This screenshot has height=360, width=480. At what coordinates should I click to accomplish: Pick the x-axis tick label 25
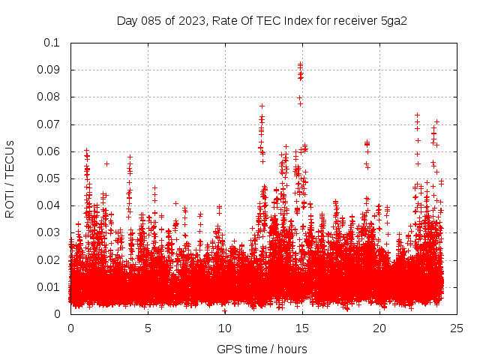point(457,328)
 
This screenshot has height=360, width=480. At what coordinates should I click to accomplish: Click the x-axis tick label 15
point(302,328)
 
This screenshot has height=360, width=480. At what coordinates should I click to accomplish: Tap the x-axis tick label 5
point(148,328)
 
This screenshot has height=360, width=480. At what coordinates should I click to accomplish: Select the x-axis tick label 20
point(379,328)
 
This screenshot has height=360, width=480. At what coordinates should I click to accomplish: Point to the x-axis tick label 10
point(225,328)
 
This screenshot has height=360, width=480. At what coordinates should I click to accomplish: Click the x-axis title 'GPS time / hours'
point(262,349)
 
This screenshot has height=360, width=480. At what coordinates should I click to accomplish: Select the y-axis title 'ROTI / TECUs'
point(10,178)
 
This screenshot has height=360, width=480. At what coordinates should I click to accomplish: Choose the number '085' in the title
point(153,20)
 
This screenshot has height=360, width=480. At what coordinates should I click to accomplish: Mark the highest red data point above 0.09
point(301,64)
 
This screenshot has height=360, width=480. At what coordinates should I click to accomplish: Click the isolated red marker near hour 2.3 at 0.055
point(106,163)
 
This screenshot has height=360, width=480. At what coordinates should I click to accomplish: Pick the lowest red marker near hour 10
point(224,310)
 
